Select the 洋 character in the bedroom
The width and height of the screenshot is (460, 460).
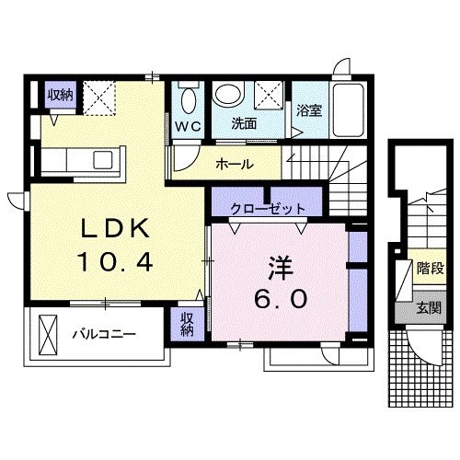(x=279, y=264)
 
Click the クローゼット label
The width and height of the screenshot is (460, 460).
(x=268, y=207)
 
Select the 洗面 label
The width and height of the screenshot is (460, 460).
(x=243, y=121)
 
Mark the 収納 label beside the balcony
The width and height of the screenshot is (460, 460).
(x=187, y=323)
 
